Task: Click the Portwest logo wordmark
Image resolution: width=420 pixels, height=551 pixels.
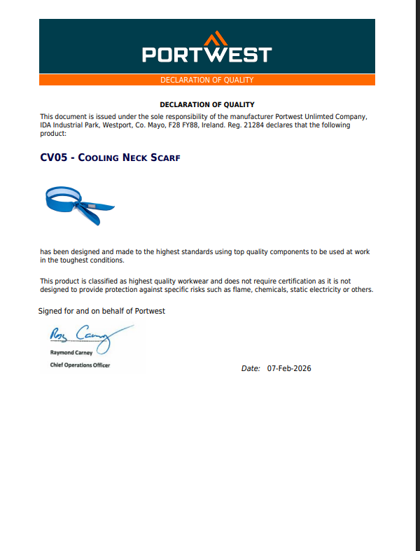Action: [x=206, y=54]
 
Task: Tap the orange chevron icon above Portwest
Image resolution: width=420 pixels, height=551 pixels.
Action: [x=216, y=37]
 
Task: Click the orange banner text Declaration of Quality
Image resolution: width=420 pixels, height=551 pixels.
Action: [x=206, y=80]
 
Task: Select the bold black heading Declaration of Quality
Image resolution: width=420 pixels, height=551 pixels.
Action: [x=206, y=104]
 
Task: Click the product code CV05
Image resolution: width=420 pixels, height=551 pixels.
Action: [x=54, y=158]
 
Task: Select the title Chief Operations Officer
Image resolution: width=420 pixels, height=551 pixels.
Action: [x=80, y=365]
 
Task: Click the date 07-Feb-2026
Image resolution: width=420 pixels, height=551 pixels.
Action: [x=289, y=368]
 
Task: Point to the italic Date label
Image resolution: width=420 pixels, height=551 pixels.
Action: [x=251, y=368]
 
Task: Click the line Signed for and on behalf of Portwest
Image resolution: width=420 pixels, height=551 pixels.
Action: [x=101, y=311]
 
